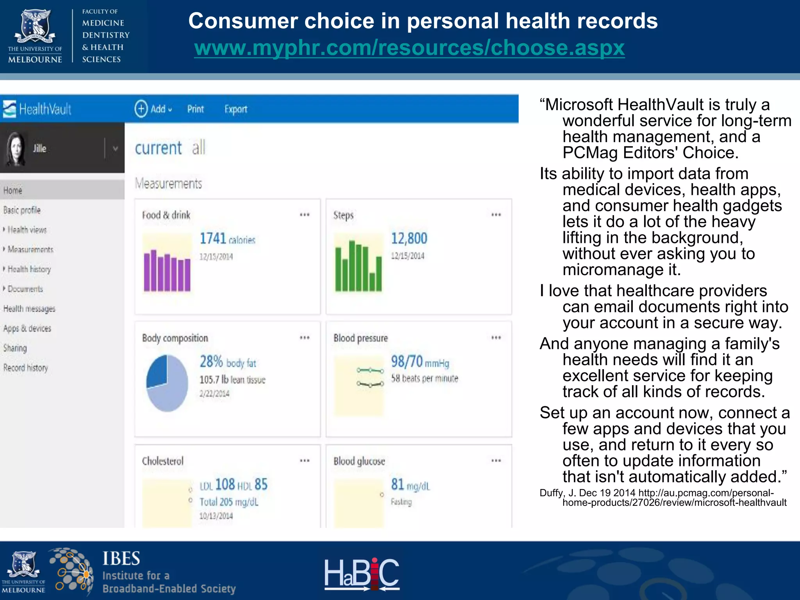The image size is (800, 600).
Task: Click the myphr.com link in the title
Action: tap(409, 48)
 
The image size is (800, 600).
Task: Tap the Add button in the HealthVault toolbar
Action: tap(153, 109)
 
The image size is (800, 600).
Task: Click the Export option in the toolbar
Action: tap(236, 109)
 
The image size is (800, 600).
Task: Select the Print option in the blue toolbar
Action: tap(195, 109)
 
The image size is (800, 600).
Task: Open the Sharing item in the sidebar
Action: tap(15, 348)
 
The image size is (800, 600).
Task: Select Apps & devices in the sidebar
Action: tap(27, 328)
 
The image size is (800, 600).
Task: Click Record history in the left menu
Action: tap(25, 368)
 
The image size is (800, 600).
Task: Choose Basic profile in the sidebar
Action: tap(22, 210)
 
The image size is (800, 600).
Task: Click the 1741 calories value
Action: tap(227, 238)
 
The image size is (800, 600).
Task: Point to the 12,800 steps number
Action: tap(409, 238)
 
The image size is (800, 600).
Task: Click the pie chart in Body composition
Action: tap(167, 383)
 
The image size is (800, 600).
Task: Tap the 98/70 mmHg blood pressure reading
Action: tap(420, 362)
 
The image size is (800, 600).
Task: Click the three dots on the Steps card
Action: tap(496, 214)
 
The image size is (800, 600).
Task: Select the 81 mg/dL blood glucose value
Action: tap(410, 485)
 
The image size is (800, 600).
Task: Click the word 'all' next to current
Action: tap(198, 148)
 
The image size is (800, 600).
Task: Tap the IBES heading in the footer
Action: tap(121, 559)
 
